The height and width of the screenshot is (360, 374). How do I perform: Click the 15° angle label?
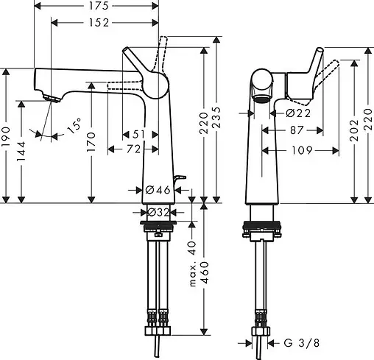click(75, 127)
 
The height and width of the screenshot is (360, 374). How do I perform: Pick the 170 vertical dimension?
click(91, 138)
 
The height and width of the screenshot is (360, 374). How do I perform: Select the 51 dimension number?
click(138, 133)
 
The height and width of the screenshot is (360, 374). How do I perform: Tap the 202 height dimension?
click(353, 137)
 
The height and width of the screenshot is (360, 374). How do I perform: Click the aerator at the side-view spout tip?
click(49, 97)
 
